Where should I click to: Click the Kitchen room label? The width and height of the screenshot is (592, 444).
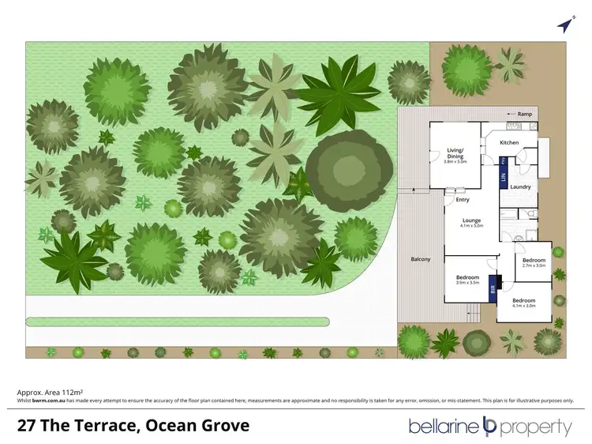510,142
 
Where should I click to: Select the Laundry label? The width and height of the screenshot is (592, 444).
520,187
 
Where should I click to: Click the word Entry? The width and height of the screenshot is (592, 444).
463,200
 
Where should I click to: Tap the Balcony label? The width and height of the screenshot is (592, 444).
420,259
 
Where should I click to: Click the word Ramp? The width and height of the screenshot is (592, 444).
525,114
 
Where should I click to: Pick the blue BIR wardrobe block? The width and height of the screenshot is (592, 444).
493,287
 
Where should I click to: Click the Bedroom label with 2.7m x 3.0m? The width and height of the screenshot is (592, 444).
534,260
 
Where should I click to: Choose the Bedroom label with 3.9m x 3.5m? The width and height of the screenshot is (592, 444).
468,277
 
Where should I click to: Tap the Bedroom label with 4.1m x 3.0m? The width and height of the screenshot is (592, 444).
524,301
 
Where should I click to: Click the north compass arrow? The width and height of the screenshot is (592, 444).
564,26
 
